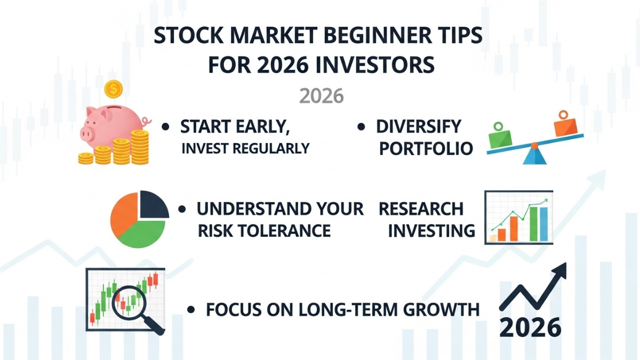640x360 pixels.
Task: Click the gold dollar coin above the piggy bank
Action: point(113,90)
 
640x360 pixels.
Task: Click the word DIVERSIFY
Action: point(418,126)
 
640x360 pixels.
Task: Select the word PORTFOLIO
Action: point(426,149)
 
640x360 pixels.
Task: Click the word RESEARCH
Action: point(421,209)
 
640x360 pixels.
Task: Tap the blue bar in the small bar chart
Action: point(543,224)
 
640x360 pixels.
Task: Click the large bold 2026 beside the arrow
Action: point(530,327)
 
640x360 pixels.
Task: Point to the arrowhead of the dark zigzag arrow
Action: point(560,271)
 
